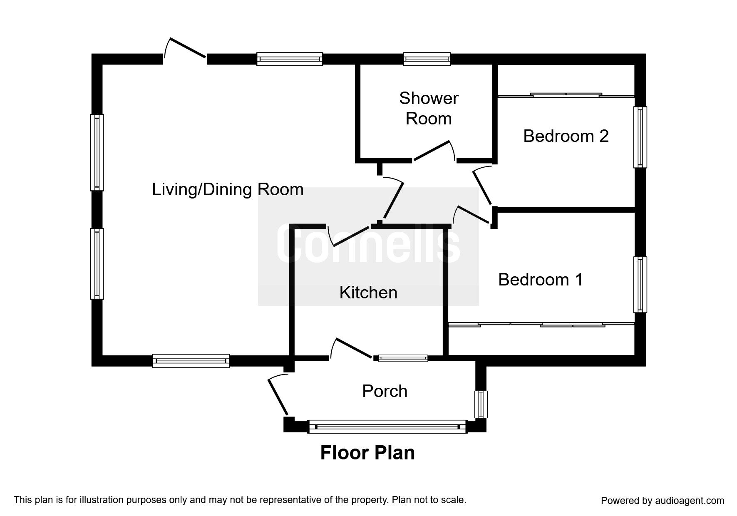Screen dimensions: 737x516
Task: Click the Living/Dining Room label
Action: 228,190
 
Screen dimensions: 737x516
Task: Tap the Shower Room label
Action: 429,109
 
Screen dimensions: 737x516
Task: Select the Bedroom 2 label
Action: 566,136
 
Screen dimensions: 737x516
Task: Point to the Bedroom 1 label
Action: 541,280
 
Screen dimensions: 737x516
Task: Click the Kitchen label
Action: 368,293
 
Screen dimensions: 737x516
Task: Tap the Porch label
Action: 385,391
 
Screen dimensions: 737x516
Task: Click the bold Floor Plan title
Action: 367,453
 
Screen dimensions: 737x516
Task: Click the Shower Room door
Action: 433,151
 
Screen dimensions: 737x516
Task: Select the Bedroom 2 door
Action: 483,186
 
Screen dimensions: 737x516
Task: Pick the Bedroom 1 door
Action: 472,215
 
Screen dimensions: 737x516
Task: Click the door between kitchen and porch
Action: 352,348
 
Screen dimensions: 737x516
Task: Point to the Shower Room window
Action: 427,59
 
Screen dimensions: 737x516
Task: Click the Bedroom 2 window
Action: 640,137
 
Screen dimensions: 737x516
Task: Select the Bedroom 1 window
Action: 640,285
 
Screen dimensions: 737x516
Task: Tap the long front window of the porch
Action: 387,427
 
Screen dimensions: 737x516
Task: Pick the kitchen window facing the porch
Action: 403,358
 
